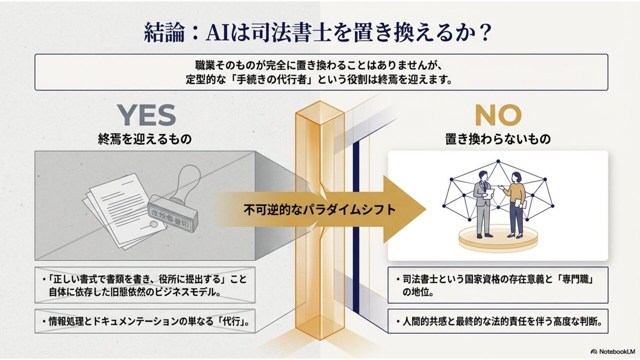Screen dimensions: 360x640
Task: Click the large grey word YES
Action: point(147,115)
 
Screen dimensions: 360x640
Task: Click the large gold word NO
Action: point(498,115)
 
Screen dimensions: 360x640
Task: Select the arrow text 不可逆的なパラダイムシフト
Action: point(319,210)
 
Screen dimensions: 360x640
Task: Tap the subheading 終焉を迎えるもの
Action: point(145,139)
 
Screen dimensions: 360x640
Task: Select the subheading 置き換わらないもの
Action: point(498,139)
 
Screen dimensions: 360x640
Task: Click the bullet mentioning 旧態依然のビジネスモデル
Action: point(145,285)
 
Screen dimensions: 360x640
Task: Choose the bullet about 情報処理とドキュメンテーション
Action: point(145,321)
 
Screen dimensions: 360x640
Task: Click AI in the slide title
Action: point(217,33)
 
